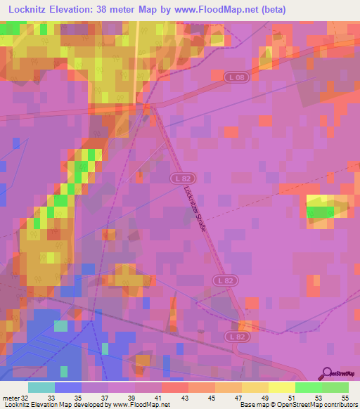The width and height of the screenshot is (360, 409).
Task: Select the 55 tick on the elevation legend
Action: point(345,397)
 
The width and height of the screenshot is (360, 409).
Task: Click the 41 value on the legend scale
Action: point(157,397)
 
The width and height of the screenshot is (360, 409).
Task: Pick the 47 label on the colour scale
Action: point(238,397)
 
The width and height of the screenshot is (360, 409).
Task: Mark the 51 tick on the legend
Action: point(291,397)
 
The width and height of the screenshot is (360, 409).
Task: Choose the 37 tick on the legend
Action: point(104,397)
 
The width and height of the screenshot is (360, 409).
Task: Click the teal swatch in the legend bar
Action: point(41,387)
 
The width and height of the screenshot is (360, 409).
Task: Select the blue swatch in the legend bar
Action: point(67,387)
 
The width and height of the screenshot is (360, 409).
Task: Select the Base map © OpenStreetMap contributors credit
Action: point(298,405)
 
